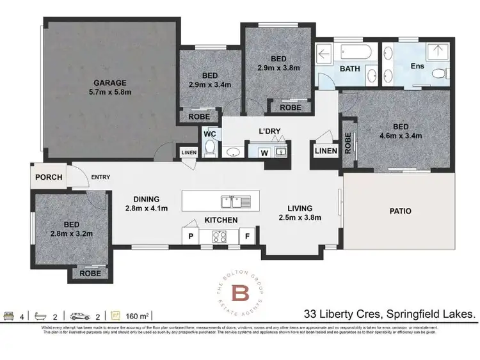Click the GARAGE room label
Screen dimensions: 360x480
point(110,82)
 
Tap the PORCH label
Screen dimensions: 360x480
point(49,177)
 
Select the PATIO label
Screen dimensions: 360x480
point(399,210)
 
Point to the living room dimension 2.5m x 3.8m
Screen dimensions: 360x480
point(300,218)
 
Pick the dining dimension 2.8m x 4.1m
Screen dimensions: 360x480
point(146,208)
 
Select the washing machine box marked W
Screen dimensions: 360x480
point(264,152)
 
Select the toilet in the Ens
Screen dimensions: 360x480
point(438,75)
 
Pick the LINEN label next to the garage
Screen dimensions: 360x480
point(189,152)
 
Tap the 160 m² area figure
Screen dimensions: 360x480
point(138,315)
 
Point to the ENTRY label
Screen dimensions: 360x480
point(100,177)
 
